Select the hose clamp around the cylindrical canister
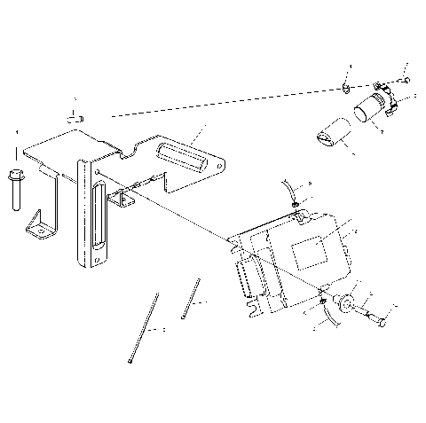tap(384, 103)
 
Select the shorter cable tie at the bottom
tap(188, 300)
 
